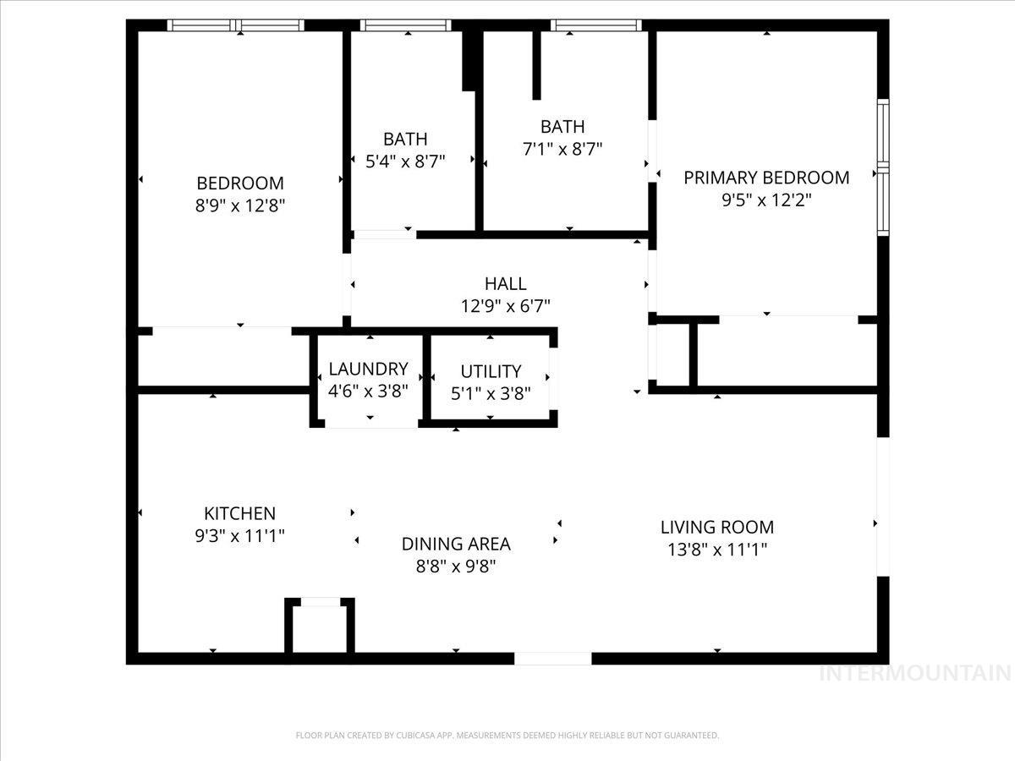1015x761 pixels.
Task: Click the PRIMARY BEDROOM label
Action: click(766, 178)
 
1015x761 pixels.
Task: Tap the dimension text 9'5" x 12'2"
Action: click(766, 200)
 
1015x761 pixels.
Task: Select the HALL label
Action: click(506, 283)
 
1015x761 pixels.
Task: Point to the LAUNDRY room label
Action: click(368, 369)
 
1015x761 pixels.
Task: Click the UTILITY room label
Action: click(491, 371)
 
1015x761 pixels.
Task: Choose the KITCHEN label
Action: click(239, 513)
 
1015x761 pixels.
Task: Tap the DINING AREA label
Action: click(456, 544)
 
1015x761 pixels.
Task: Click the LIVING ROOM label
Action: click(717, 527)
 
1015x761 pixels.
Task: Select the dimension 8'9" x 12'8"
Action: click(240, 205)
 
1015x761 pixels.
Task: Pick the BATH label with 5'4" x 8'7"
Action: click(405, 139)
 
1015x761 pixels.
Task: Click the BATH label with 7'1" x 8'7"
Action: click(562, 127)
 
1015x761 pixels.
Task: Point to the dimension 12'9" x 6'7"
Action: click(506, 306)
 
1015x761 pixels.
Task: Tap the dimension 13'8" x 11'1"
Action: click(717, 550)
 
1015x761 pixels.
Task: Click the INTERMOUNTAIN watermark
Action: click(916, 673)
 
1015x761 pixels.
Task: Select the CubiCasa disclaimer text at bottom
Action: click(507, 736)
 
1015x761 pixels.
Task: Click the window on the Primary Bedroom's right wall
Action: click(882, 167)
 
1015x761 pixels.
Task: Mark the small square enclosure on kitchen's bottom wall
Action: click(320, 627)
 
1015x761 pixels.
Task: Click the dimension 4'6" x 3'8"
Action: click(368, 391)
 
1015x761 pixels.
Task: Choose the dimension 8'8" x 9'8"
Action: click(456, 567)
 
